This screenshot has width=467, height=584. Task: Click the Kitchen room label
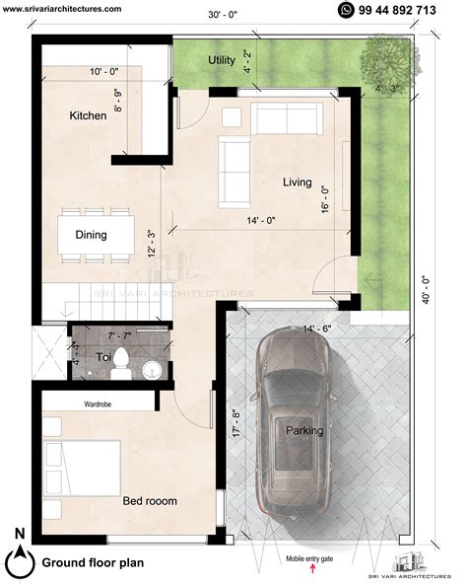88,116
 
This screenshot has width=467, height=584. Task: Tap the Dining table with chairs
96,235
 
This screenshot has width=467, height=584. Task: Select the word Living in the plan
297,182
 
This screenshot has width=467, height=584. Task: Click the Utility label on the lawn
222,61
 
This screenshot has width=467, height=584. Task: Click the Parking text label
304,431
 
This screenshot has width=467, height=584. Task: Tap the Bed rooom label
150,501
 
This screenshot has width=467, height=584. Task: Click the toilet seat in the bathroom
119,361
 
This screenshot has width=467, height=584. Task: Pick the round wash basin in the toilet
150,370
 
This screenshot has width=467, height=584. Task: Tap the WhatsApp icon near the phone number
345,10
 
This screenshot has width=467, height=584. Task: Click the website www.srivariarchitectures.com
62,8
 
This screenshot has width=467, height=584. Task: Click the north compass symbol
18,559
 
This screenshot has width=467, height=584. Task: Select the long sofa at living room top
287,118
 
